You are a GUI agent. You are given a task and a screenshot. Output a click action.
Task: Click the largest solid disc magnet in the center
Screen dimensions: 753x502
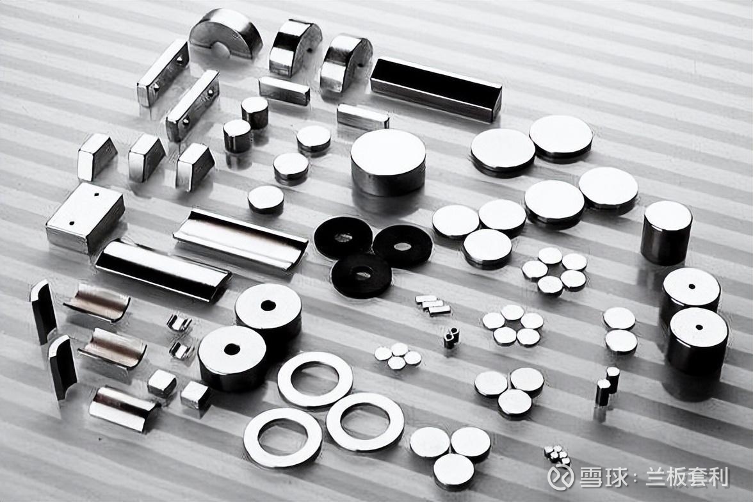click(x=388, y=162)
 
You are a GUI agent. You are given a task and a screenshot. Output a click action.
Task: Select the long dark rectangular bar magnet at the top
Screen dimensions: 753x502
click(x=436, y=88)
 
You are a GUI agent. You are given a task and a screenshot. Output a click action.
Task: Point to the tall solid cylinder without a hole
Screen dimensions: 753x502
click(x=666, y=232)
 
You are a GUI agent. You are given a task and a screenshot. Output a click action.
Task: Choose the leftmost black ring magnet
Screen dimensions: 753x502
click(x=343, y=238)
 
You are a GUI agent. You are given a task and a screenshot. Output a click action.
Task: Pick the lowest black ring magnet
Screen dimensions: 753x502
click(x=360, y=274)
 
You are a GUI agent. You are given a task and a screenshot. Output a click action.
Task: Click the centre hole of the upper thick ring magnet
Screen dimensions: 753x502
click(x=268, y=305)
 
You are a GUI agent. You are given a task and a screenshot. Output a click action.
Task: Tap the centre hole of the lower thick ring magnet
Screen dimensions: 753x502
click(x=232, y=349)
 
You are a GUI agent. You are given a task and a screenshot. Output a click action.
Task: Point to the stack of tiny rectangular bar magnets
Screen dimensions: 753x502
click(x=433, y=305)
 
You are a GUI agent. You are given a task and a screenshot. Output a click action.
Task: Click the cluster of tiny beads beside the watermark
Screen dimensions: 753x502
click(x=556, y=455)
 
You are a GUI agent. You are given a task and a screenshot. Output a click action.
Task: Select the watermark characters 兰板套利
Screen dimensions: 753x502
click(x=688, y=478)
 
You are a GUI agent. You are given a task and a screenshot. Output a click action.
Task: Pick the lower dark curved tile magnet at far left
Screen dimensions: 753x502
click(x=63, y=368)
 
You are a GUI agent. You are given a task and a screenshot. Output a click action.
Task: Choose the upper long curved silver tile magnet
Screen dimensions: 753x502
click(x=240, y=241)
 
